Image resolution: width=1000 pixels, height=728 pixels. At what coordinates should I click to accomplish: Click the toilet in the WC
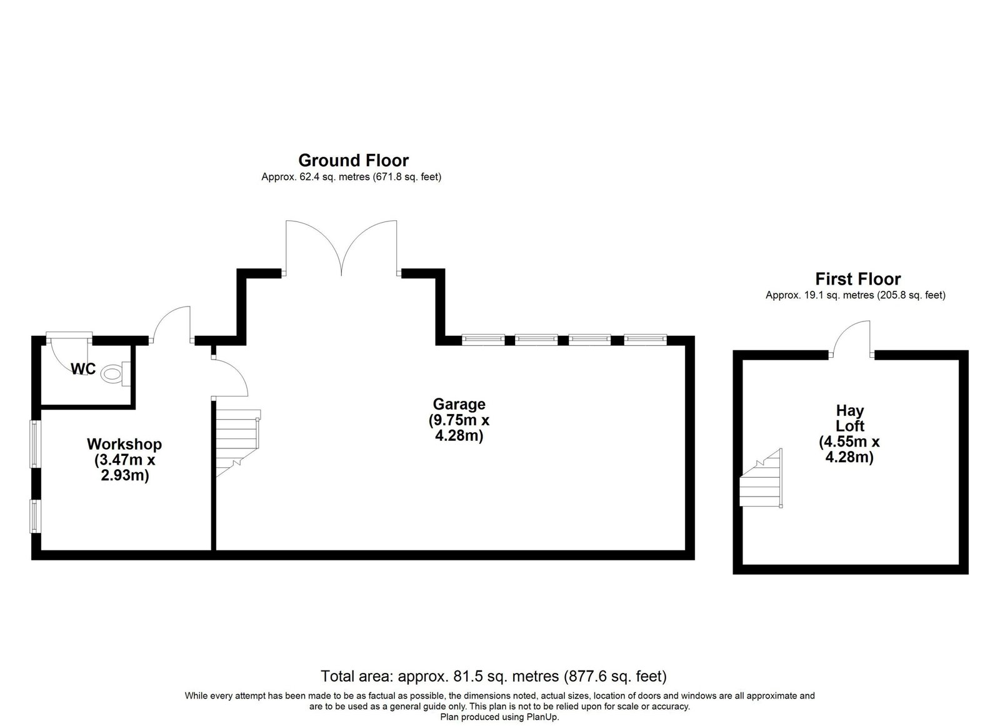coord(116,373)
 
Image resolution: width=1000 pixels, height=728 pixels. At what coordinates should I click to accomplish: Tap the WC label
coord(83,369)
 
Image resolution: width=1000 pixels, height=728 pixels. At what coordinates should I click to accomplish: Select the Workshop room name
coord(124,444)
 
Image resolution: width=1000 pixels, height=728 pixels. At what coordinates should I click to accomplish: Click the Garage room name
coord(459,404)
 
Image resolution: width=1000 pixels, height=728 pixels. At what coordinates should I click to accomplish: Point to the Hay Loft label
coord(850,418)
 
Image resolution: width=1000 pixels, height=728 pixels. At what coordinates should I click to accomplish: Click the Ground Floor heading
coord(354,160)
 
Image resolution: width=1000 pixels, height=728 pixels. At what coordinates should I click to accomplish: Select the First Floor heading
coord(858,279)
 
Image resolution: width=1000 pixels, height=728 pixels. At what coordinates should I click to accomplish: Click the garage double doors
coord(341,248)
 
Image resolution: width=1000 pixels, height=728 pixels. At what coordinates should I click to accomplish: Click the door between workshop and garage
coord(229,376)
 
